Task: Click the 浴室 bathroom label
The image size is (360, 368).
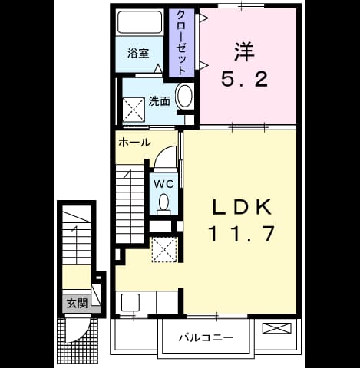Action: pos(138,54)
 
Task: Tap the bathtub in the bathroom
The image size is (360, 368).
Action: pos(140,21)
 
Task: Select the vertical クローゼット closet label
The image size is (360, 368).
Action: pos(181,42)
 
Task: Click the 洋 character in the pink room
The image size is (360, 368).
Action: pos(244,52)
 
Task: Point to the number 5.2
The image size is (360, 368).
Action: pos(245,79)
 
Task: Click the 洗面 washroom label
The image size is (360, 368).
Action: pos(160,101)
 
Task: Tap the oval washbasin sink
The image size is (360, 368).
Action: pos(185,96)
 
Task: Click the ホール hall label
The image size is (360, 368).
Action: pos(134,143)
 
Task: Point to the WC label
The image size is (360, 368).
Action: pos(163,184)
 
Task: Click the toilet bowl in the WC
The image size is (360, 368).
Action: pos(163,204)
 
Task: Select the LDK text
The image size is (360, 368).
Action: pos(243,207)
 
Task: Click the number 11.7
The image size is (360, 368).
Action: pos(243,234)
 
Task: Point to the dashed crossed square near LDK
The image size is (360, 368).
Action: pos(164,249)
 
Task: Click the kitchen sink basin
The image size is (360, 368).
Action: pos(130,302)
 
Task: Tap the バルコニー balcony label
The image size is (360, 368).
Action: pos(206,338)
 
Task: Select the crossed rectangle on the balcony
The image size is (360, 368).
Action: pos(277,328)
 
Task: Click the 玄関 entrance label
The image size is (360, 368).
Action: pos(77,304)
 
